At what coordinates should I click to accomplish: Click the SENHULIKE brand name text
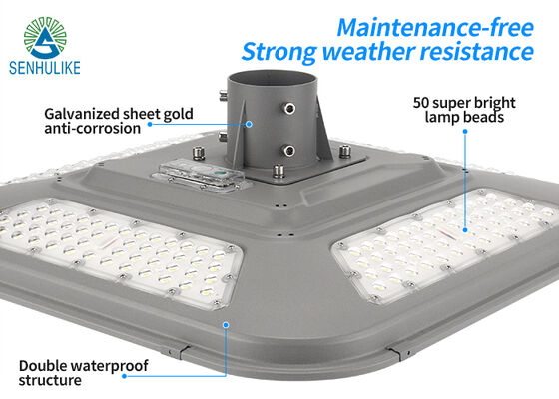(x=45, y=68)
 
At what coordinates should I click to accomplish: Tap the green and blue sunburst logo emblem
(x=45, y=38)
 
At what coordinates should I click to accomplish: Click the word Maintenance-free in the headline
(x=435, y=28)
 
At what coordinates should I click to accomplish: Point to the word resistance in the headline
(x=477, y=51)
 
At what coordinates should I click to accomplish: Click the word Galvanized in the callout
(x=81, y=114)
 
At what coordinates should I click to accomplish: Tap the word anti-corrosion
(x=92, y=129)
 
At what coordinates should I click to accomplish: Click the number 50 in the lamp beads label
(x=421, y=103)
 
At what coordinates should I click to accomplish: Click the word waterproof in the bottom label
(x=109, y=366)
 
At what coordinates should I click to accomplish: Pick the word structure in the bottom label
(x=50, y=380)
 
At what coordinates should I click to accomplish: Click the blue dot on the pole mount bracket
(x=249, y=124)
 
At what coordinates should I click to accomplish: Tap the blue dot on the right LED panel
(x=465, y=230)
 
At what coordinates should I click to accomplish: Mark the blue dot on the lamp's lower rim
(x=226, y=325)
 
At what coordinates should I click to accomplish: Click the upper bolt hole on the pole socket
(x=289, y=108)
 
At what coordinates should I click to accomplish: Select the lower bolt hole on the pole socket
(x=289, y=151)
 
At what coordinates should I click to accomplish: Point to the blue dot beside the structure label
(x=124, y=376)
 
